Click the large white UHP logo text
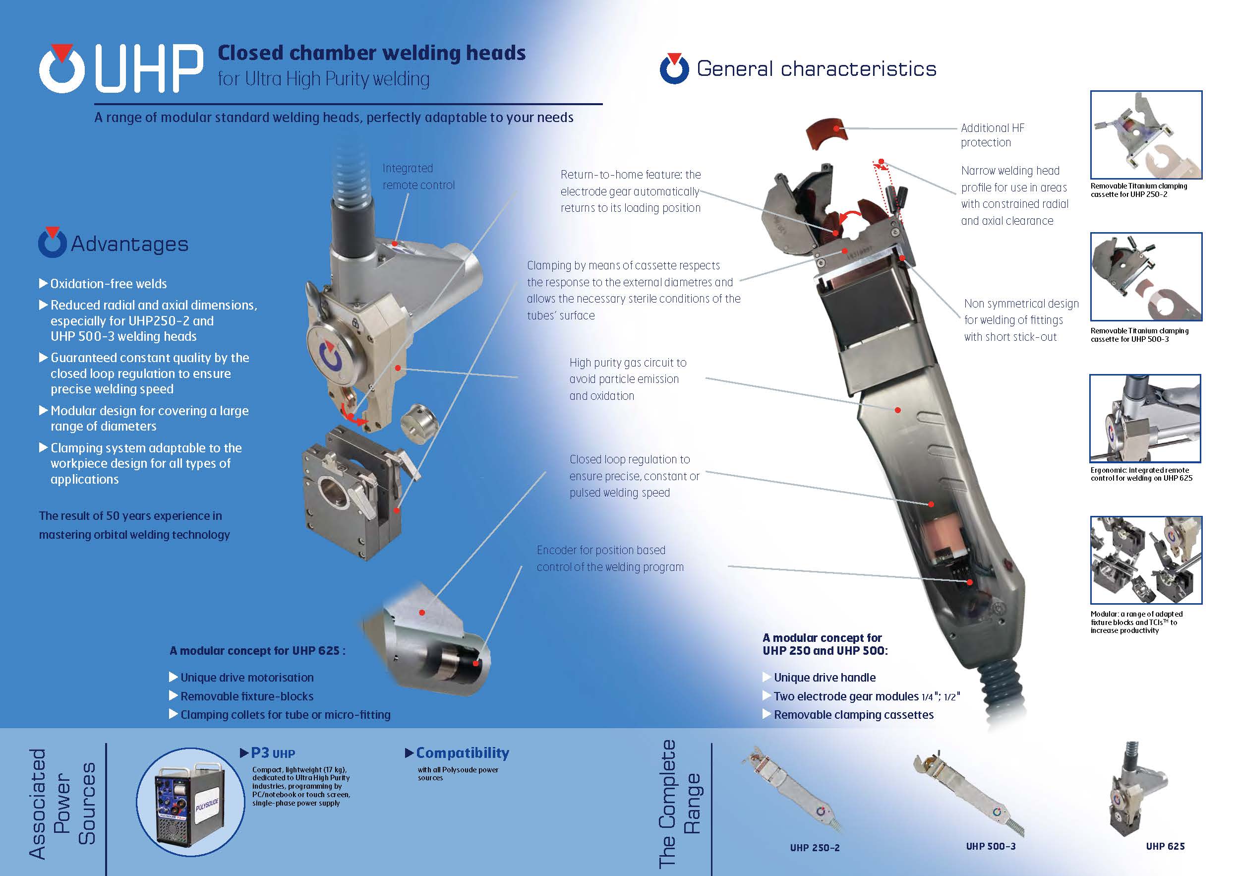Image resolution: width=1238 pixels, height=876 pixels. pyautogui.click(x=149, y=68)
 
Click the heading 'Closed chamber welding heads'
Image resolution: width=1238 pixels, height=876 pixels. pyautogui.click(x=371, y=53)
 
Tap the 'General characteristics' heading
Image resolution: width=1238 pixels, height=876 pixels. pyautogui.click(x=817, y=68)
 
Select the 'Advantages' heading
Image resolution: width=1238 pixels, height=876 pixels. pyautogui.click(x=129, y=244)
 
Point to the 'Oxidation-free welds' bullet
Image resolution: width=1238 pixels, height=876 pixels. pyautogui.click(x=109, y=284)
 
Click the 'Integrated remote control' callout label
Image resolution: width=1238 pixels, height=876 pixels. pyautogui.click(x=418, y=177)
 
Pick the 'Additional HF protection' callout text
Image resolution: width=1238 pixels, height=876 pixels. pyautogui.click(x=992, y=135)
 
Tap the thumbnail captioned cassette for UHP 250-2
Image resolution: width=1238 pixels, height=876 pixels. pyautogui.click(x=1146, y=135)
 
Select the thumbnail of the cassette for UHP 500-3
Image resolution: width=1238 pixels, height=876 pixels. pyautogui.click(x=1146, y=277)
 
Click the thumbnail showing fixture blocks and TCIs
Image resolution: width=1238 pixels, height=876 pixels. pyautogui.click(x=1146, y=560)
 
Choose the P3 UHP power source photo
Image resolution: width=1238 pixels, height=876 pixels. pyautogui.click(x=190, y=802)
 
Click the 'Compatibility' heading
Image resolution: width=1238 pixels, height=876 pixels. pyautogui.click(x=463, y=752)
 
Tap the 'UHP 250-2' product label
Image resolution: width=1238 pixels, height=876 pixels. pyautogui.click(x=815, y=847)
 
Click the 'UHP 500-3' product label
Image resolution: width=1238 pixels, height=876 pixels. pyautogui.click(x=991, y=846)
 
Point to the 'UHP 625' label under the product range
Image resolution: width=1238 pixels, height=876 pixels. pyautogui.click(x=1165, y=846)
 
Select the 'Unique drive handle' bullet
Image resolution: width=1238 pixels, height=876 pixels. pyautogui.click(x=825, y=678)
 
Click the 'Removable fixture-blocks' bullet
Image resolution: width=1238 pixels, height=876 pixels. pyautogui.click(x=247, y=696)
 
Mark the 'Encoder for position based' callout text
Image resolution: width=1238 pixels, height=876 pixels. pyautogui.click(x=601, y=550)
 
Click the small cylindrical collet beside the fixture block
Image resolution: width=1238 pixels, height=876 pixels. pyautogui.click(x=419, y=424)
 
